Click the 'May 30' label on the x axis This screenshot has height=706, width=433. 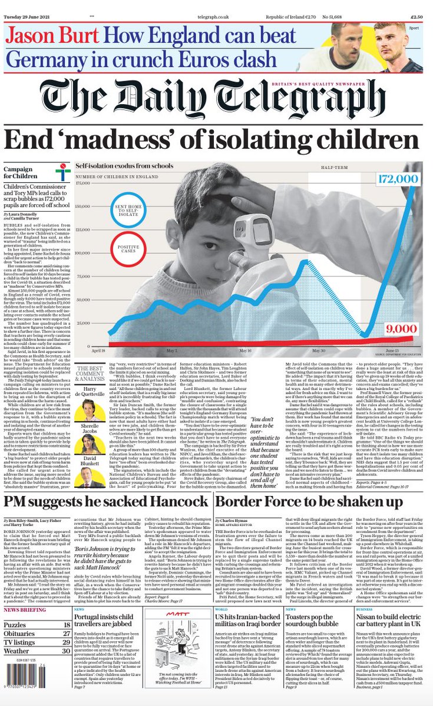[318, 349]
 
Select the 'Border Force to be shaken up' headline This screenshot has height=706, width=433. [297, 503]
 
